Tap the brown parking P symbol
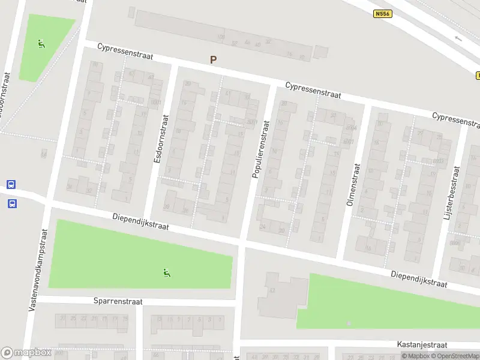coord(212,59)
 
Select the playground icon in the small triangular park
coord(41,44)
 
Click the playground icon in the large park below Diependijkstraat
coord(166,274)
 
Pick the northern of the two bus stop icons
coord(11,184)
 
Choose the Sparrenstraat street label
coord(118,301)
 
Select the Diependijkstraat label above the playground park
coord(141,223)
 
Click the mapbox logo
coord(26,353)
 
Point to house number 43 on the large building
coord(272,290)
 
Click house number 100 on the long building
coord(220,37)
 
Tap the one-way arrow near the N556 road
coord(459,38)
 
